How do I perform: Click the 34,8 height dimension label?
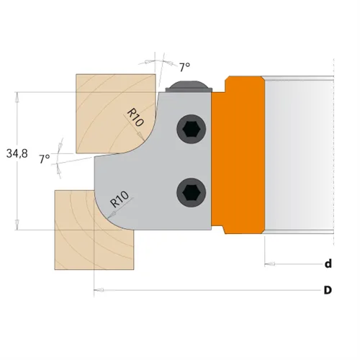17,153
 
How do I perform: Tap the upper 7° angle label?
185,67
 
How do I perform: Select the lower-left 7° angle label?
45,158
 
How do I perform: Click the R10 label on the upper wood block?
135,117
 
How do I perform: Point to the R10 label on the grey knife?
120,199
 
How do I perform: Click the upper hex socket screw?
192,129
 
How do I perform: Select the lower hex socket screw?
192,192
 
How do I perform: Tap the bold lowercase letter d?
328,264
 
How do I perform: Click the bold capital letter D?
328,290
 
